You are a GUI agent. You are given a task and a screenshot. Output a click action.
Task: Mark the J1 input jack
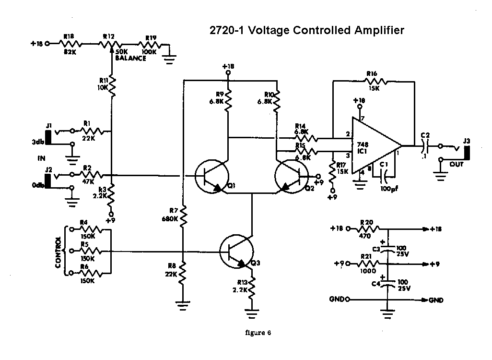[48, 134]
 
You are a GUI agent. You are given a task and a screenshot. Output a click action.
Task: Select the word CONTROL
[59, 252]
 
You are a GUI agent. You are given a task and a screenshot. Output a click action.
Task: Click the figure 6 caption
[258, 333]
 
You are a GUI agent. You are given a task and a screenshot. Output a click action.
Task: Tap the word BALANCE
[130, 58]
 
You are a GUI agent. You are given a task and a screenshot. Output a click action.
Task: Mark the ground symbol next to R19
[169, 59]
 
